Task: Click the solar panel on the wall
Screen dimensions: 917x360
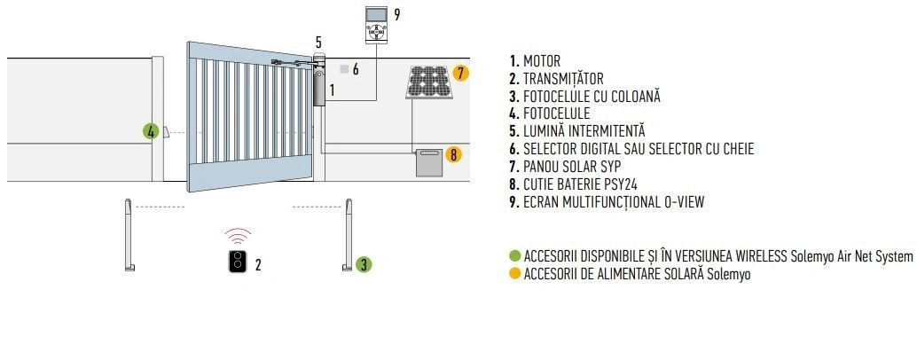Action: click(x=430, y=82)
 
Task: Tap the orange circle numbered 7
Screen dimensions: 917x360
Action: click(x=460, y=73)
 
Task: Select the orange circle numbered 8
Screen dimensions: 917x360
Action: click(x=453, y=155)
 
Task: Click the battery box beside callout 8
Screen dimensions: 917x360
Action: click(x=429, y=163)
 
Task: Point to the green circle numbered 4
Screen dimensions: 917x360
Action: click(x=151, y=131)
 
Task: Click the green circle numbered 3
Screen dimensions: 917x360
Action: click(x=364, y=264)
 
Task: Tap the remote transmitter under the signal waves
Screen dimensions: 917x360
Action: click(x=237, y=262)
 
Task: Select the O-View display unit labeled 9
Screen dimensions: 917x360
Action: click(x=376, y=24)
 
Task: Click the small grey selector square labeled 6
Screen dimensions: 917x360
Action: click(x=344, y=69)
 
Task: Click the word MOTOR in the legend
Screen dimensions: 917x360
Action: click(x=542, y=61)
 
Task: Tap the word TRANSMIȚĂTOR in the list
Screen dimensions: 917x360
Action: click(x=563, y=79)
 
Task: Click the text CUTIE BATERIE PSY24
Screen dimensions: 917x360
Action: click(x=580, y=184)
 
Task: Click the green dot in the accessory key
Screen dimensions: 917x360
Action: click(x=515, y=256)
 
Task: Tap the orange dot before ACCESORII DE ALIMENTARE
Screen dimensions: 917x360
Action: click(x=515, y=273)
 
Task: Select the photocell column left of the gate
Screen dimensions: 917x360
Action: click(x=129, y=235)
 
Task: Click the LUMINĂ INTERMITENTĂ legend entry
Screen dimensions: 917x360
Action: click(x=584, y=131)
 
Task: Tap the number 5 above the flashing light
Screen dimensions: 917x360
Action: click(x=318, y=43)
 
